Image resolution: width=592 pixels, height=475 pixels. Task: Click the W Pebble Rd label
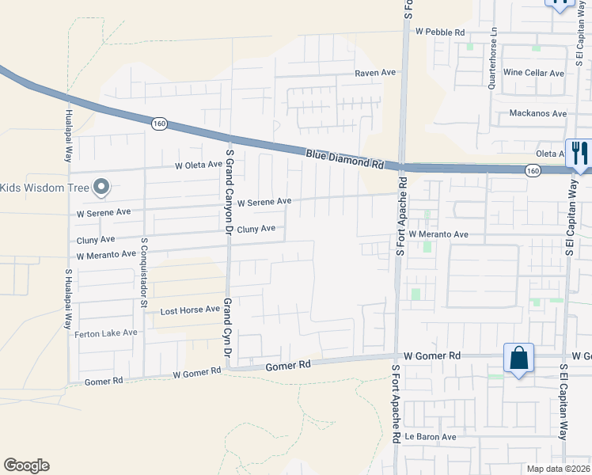[439, 32]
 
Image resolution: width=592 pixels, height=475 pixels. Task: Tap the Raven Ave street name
[375, 72]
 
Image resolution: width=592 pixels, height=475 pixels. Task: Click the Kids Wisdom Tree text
[43, 188]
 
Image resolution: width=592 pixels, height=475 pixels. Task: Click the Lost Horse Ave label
[190, 310]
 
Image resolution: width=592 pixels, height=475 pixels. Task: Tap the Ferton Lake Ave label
[106, 333]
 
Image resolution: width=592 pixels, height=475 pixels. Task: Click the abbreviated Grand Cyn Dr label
[227, 327]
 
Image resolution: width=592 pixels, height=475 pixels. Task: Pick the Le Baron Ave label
[431, 437]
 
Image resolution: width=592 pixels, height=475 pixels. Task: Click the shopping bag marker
[519, 358]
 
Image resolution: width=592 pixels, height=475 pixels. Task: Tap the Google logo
[26, 465]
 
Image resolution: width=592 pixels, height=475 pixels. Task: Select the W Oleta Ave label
[199, 165]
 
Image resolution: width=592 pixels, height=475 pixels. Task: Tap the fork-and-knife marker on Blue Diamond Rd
[580, 154]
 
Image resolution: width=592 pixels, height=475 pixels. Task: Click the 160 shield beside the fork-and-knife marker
[533, 170]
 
